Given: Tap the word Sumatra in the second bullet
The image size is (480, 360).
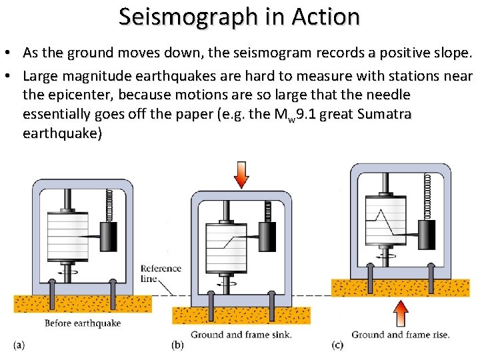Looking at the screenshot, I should [384, 114].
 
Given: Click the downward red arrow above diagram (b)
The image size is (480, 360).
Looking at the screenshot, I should [241, 175].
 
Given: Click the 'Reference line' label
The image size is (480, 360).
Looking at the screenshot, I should [161, 273].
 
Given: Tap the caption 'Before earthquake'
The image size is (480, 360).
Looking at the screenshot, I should [83, 323].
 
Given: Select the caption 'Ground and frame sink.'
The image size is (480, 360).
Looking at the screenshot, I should [241, 335].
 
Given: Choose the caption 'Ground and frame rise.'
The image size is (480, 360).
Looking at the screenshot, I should [400, 335].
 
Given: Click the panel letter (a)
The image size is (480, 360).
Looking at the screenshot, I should [19, 345].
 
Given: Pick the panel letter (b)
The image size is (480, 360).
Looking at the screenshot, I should [177, 345].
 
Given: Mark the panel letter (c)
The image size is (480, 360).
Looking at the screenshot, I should [337, 345].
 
